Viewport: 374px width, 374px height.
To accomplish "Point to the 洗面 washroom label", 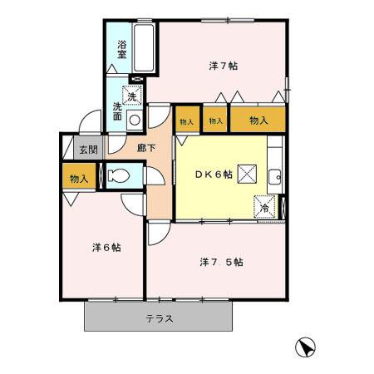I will tap(118, 111).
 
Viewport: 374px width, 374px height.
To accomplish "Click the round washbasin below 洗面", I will tap(134, 118).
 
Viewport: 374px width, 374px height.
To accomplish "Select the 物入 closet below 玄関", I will tap(78, 179).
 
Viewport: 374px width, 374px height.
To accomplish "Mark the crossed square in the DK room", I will tap(247, 174).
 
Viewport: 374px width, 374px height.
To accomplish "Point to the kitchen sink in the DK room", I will tap(275, 176).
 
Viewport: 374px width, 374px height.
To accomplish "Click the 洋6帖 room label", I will tap(106, 247).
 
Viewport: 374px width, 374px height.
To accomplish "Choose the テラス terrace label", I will tap(159, 318).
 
